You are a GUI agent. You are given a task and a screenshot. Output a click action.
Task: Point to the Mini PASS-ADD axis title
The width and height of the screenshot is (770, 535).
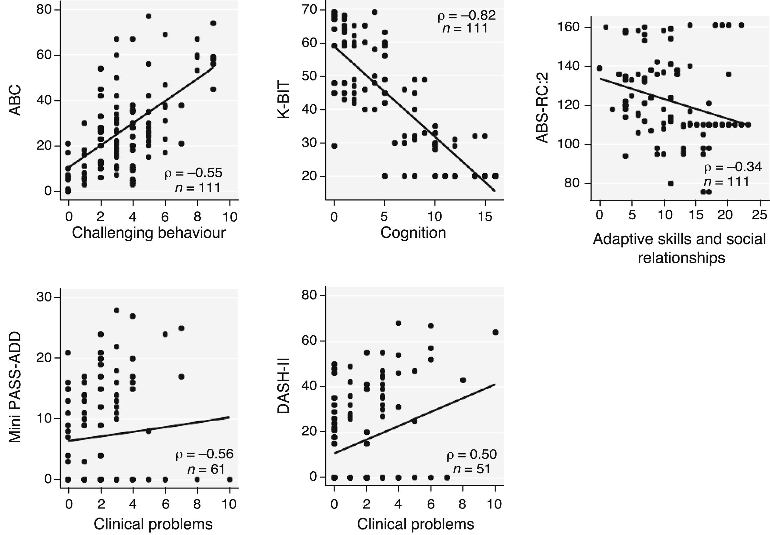coord(15,387)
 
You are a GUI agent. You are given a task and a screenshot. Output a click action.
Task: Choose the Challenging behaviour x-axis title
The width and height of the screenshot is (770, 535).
coord(149,233)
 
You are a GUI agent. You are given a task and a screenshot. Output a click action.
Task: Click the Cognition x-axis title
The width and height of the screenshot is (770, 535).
coord(413,233)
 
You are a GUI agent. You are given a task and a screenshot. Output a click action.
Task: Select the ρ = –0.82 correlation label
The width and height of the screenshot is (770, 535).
coord(466,16)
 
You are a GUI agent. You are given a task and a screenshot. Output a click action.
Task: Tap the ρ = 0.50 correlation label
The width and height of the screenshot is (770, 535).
coord(471,455)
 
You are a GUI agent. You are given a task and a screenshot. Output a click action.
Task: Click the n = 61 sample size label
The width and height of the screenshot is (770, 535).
coord(206,469)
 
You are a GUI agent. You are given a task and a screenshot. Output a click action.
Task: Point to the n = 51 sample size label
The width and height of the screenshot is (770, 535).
coord(472,469)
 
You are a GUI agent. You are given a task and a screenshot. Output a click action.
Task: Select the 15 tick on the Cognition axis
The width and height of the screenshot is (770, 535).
coord(485,216)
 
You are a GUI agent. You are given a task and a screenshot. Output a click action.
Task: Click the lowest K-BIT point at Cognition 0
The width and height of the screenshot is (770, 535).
coord(334,146)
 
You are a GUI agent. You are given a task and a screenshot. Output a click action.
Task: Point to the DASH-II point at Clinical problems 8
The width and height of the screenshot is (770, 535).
coord(463,380)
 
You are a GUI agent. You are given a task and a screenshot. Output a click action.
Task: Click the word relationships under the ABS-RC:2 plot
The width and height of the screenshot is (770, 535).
coord(681,258)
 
